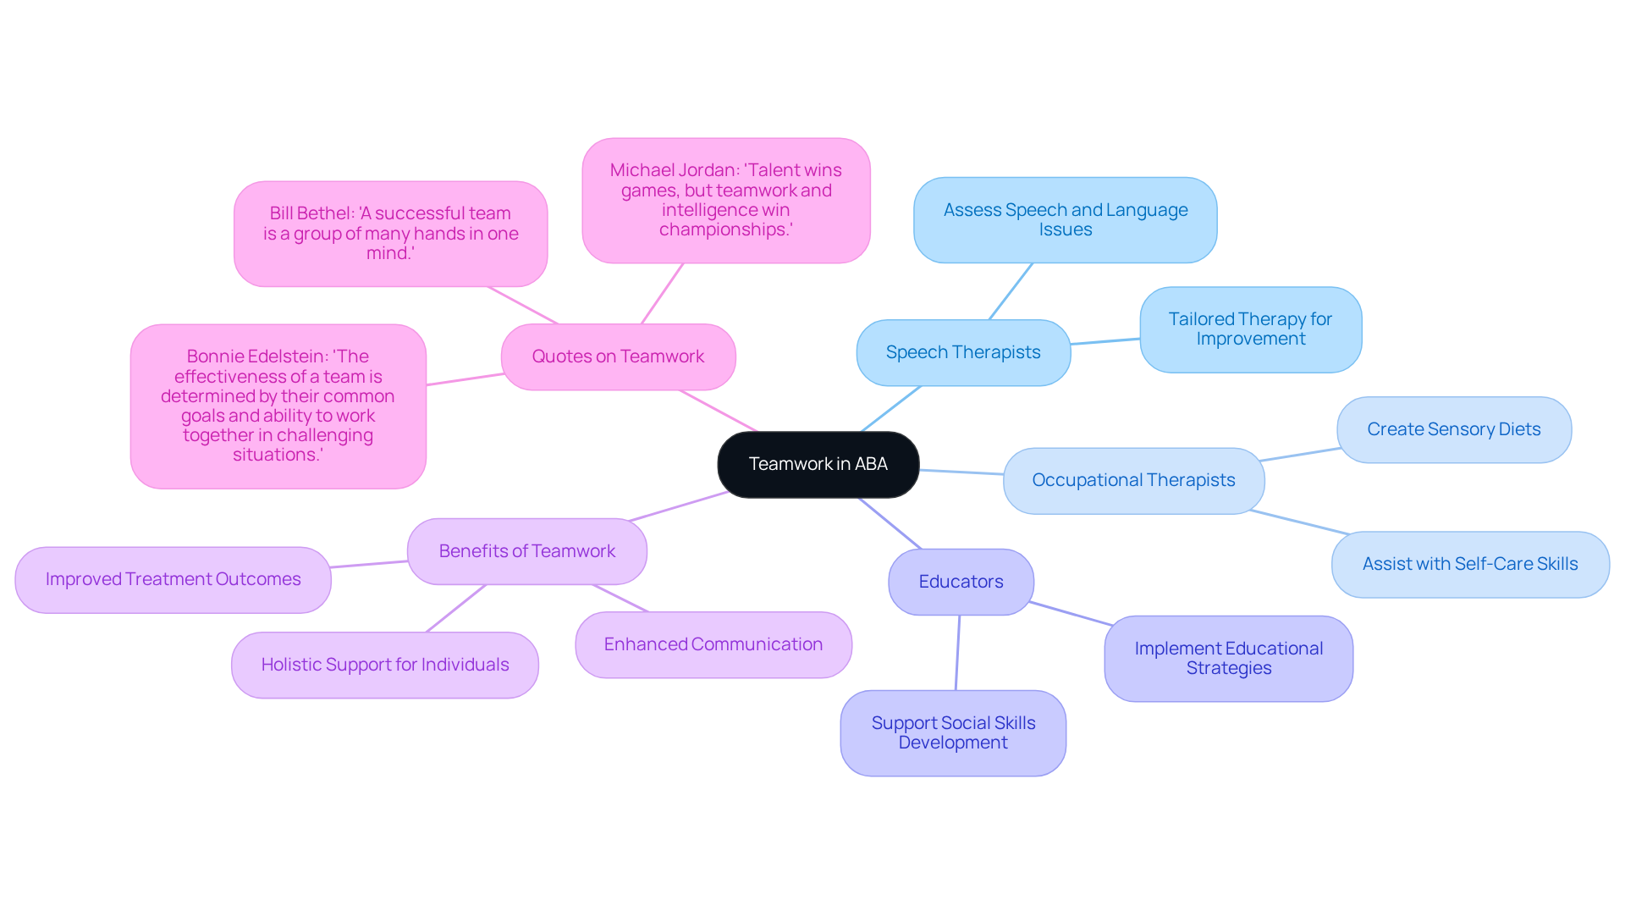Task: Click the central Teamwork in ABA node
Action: click(818, 464)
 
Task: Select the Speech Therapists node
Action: click(963, 352)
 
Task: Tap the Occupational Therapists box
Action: click(1133, 480)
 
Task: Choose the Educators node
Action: click(961, 582)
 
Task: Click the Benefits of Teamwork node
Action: click(526, 551)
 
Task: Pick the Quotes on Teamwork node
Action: click(618, 356)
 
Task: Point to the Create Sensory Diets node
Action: click(1453, 429)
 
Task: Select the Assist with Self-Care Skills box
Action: click(1469, 564)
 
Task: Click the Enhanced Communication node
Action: click(713, 644)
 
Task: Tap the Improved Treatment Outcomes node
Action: click(173, 579)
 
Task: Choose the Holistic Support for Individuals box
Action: click(384, 665)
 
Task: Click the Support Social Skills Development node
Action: click(953, 732)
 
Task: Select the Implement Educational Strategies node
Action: click(1228, 658)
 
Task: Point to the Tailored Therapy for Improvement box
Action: click(1250, 329)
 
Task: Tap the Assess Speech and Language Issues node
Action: click(1065, 219)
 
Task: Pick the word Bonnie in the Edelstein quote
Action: click(210, 356)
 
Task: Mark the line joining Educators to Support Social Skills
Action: click(958, 652)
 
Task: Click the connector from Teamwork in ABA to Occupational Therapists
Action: click(961, 472)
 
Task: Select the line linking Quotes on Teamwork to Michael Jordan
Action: click(662, 293)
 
